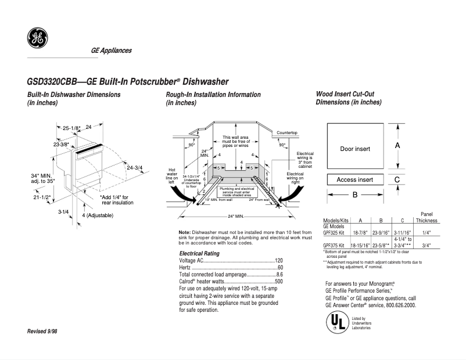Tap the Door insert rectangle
[354, 149]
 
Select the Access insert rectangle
[354, 180]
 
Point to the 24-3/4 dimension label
[134, 168]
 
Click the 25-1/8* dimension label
[71, 127]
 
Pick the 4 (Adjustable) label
[97, 215]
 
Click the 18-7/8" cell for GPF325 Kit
[360, 232]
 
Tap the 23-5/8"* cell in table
[381, 245]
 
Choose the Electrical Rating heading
[199, 254]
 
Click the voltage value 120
[278, 261]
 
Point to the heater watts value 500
[278, 281]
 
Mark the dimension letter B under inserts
[355, 195]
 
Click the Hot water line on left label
[172, 173]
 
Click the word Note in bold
[185, 232]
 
